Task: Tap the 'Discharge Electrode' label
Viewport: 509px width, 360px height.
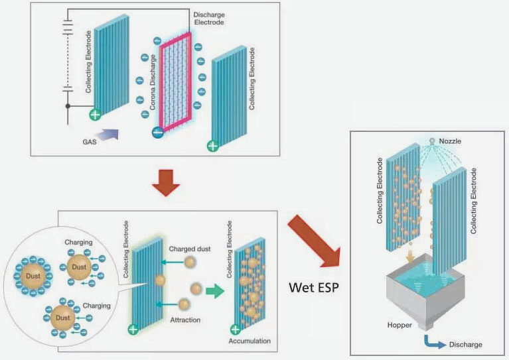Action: (x=210, y=19)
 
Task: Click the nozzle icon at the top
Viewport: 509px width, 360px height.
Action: (x=431, y=141)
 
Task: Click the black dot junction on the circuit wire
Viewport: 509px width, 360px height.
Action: (x=68, y=105)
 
